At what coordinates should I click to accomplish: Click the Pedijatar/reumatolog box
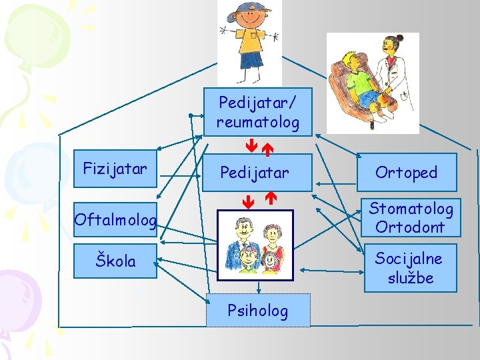point(257,111)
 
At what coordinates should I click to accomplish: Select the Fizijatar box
point(115,168)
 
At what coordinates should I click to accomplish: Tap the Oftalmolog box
point(115,219)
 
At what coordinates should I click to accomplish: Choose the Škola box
point(115,261)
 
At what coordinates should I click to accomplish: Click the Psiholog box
point(258,310)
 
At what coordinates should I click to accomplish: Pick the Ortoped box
point(406,173)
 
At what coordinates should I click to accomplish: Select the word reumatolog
point(257,122)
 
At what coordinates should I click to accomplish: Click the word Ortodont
point(410,227)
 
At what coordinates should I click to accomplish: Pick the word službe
point(411,277)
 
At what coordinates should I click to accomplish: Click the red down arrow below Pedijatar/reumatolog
point(248,144)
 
